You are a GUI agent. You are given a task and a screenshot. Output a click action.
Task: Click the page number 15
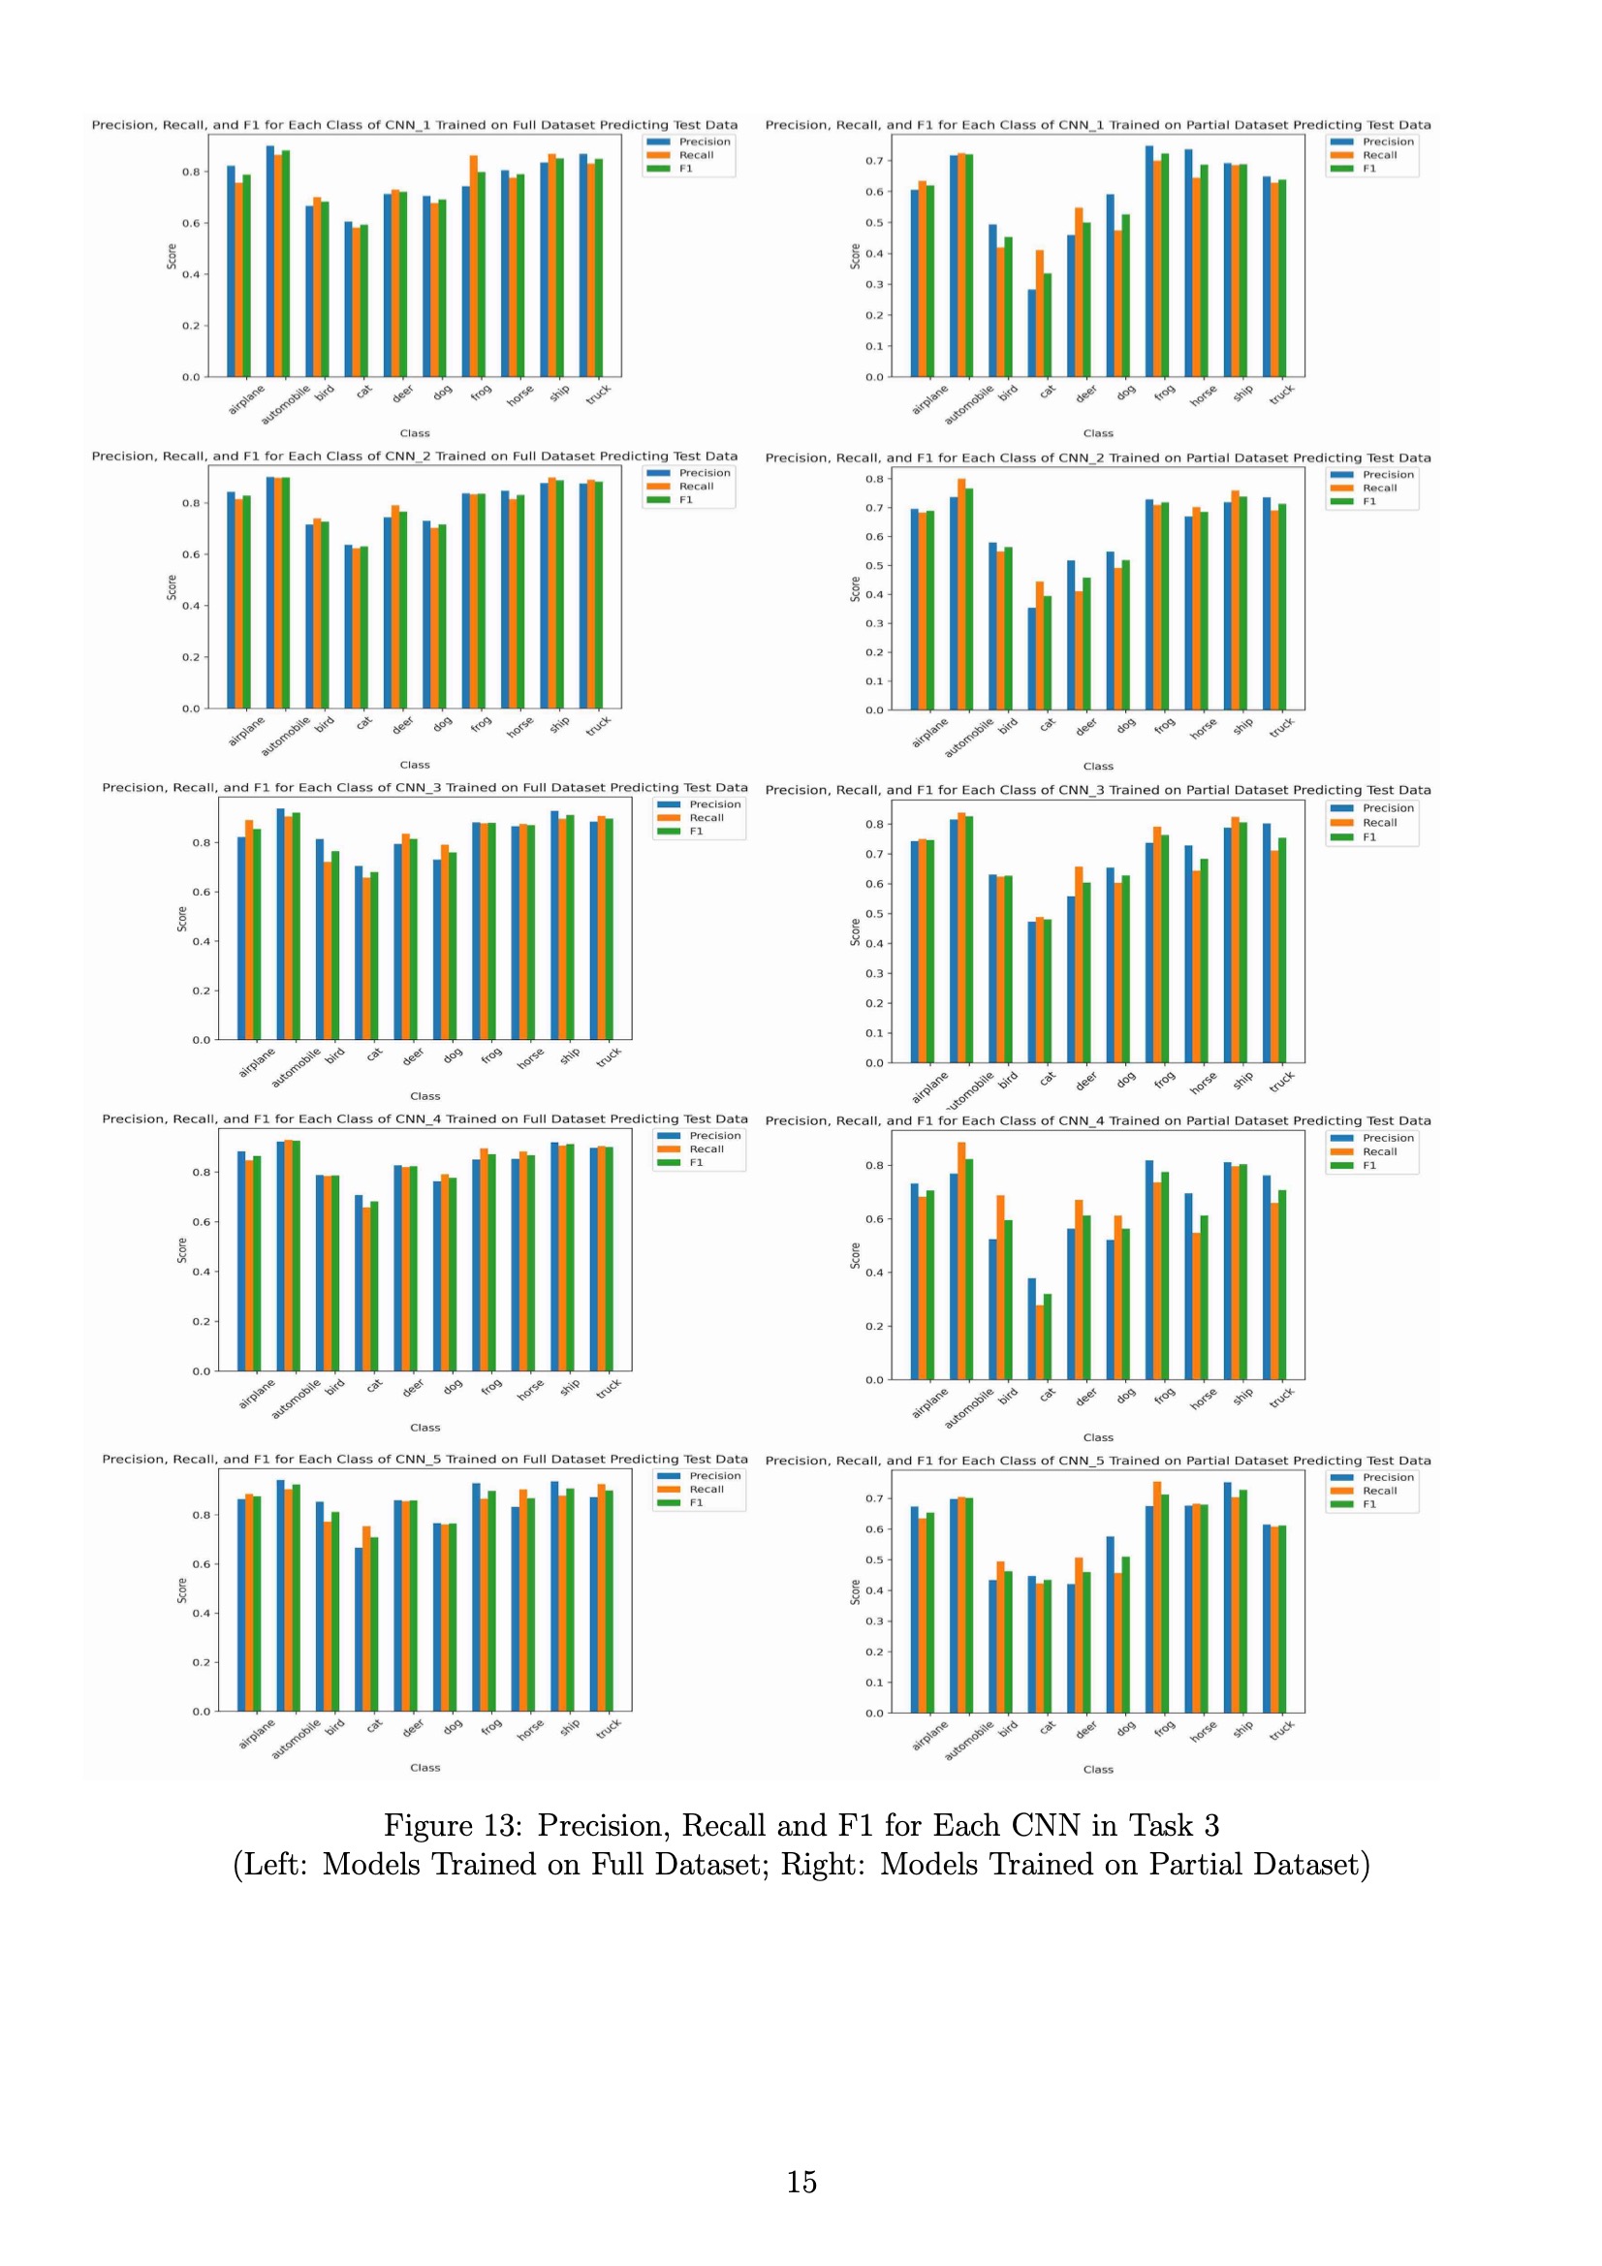[801, 2181]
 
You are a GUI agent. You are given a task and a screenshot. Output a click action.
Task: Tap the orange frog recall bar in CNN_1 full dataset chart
[474, 266]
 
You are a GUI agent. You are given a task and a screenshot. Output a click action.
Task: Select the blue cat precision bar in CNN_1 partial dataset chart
[1031, 332]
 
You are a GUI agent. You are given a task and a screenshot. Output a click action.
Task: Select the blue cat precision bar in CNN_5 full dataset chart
[360, 1629]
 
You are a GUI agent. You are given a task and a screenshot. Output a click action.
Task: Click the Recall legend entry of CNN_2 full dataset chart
[696, 487]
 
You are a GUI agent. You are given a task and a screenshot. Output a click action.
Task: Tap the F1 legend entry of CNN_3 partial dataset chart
[1369, 837]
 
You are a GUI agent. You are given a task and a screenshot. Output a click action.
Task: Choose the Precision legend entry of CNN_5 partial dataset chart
[1388, 1477]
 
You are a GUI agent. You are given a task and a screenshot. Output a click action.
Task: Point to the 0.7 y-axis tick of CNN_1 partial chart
[873, 161]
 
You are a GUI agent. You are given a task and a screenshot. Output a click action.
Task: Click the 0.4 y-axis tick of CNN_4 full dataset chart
[201, 1272]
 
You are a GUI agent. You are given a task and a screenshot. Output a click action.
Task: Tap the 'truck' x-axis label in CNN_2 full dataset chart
[598, 726]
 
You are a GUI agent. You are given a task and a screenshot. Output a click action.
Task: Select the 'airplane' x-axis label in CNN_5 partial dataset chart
[929, 1735]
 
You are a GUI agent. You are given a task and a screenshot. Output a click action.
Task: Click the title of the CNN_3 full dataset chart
[424, 788]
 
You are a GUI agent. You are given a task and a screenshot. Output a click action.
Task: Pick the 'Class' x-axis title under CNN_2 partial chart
[1098, 766]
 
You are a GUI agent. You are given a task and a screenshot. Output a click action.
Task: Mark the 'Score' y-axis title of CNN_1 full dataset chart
[172, 257]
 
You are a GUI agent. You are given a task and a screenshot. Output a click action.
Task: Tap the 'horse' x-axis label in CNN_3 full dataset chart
[530, 1058]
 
